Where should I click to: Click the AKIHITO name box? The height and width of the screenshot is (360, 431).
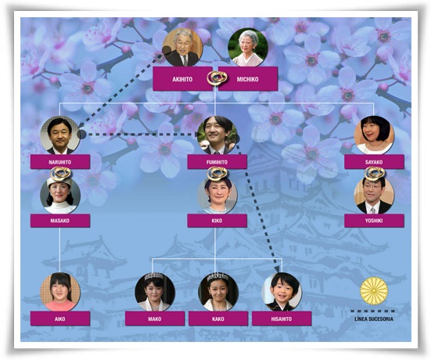click(x=182, y=79)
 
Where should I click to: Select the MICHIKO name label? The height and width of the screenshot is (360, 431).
click(x=248, y=79)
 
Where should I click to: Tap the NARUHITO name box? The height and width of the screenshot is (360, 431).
click(x=60, y=162)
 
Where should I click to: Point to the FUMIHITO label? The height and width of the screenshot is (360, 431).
click(x=217, y=162)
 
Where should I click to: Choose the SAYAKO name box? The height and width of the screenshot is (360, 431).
click(x=374, y=162)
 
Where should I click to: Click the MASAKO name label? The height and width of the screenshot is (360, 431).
click(x=60, y=221)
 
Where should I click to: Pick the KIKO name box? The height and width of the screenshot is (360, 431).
click(x=217, y=221)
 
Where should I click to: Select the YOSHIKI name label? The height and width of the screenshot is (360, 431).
click(x=374, y=221)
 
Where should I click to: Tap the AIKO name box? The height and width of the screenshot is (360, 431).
click(x=60, y=319)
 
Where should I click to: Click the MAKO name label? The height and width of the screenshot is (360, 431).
click(x=155, y=319)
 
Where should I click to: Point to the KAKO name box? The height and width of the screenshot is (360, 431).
click(x=218, y=319)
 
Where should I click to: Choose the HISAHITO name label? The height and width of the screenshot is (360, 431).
click(x=282, y=319)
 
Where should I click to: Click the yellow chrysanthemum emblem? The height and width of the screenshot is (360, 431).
click(x=374, y=290)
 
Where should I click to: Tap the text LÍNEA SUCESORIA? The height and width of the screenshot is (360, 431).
click(x=374, y=319)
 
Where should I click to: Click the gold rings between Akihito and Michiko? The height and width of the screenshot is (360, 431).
click(x=217, y=78)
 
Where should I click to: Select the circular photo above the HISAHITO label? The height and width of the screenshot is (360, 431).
click(x=282, y=292)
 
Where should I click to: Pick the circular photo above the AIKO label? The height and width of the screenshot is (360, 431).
click(x=60, y=292)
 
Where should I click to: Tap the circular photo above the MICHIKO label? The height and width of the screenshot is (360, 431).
click(x=248, y=47)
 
